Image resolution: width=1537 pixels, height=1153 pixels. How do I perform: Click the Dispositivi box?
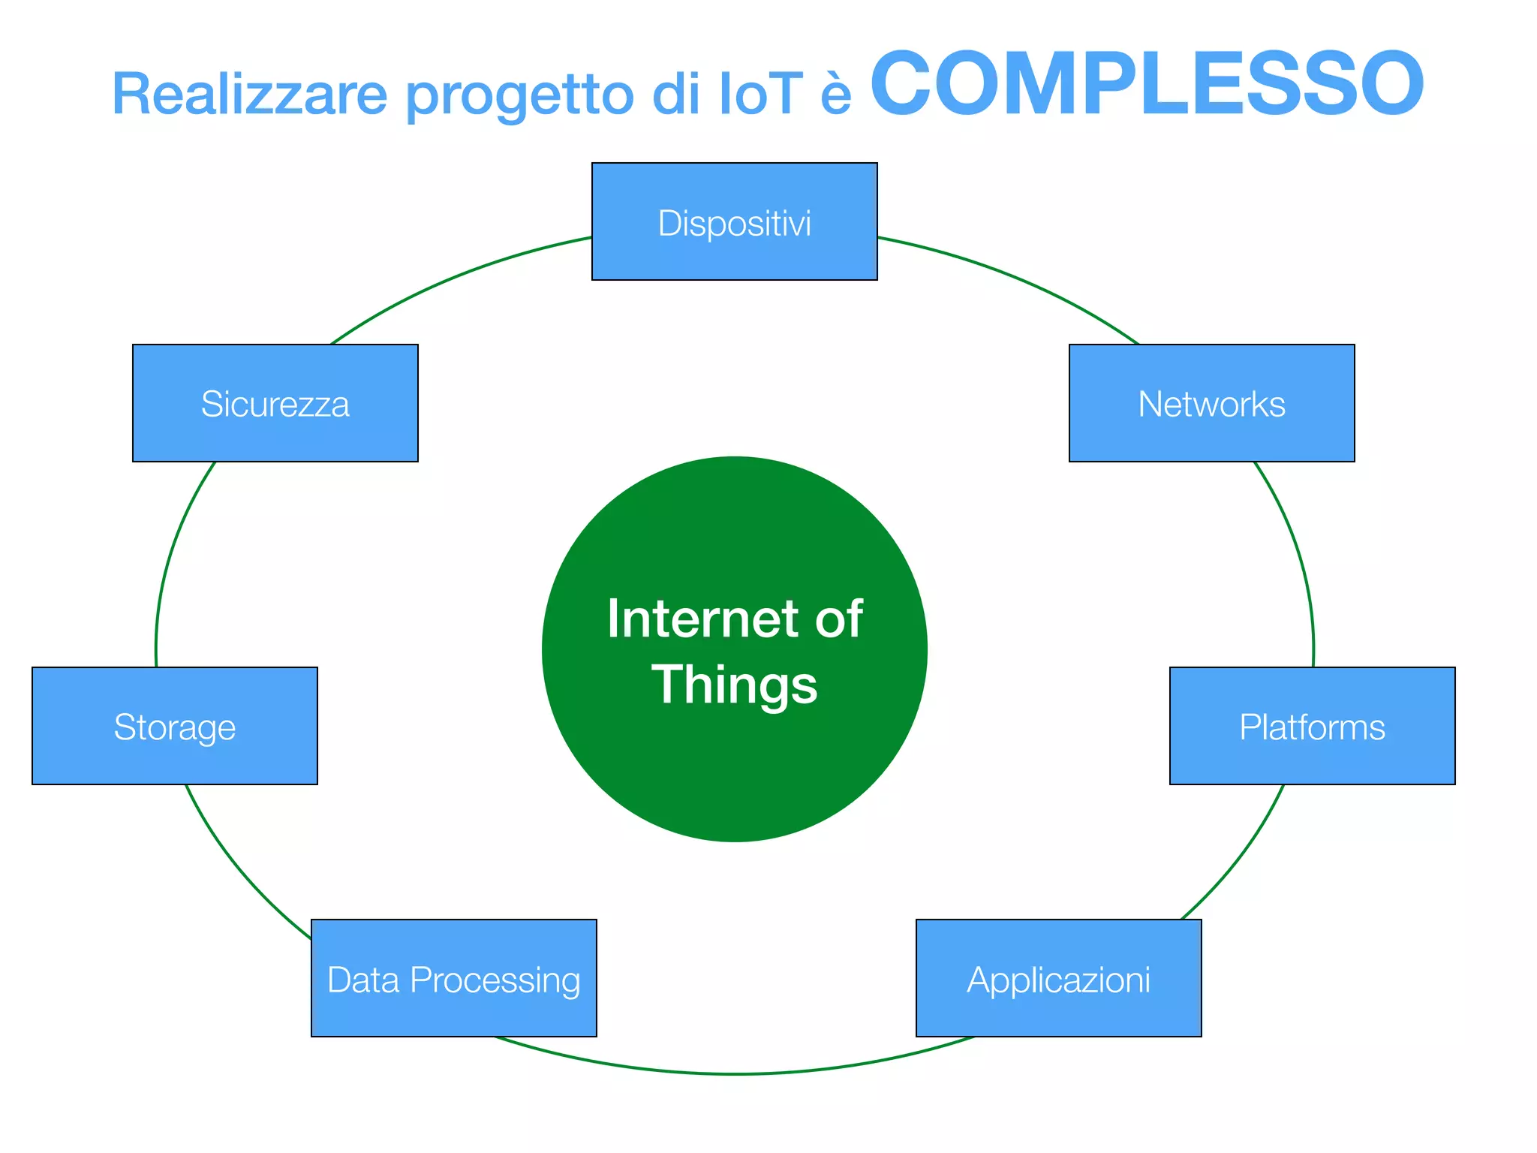click(x=734, y=222)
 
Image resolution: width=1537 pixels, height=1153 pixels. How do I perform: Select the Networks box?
click(x=1211, y=403)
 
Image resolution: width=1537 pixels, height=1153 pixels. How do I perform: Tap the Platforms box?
click(x=1312, y=726)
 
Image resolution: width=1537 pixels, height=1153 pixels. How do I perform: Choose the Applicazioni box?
click(x=1058, y=978)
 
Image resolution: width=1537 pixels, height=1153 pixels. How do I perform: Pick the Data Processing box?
click(x=453, y=978)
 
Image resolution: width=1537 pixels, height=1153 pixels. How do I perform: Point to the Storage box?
click(x=174, y=726)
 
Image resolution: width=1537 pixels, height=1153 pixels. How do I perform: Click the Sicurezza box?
click(x=275, y=403)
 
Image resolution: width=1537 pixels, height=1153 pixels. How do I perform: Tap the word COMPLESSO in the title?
click(x=1146, y=83)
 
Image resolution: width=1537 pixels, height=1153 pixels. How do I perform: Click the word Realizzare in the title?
click(x=249, y=95)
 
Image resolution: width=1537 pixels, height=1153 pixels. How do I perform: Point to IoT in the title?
click(x=760, y=95)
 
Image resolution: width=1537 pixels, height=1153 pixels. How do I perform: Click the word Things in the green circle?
click(x=734, y=685)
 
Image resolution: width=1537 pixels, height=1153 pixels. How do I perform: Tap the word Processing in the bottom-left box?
click(x=495, y=980)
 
